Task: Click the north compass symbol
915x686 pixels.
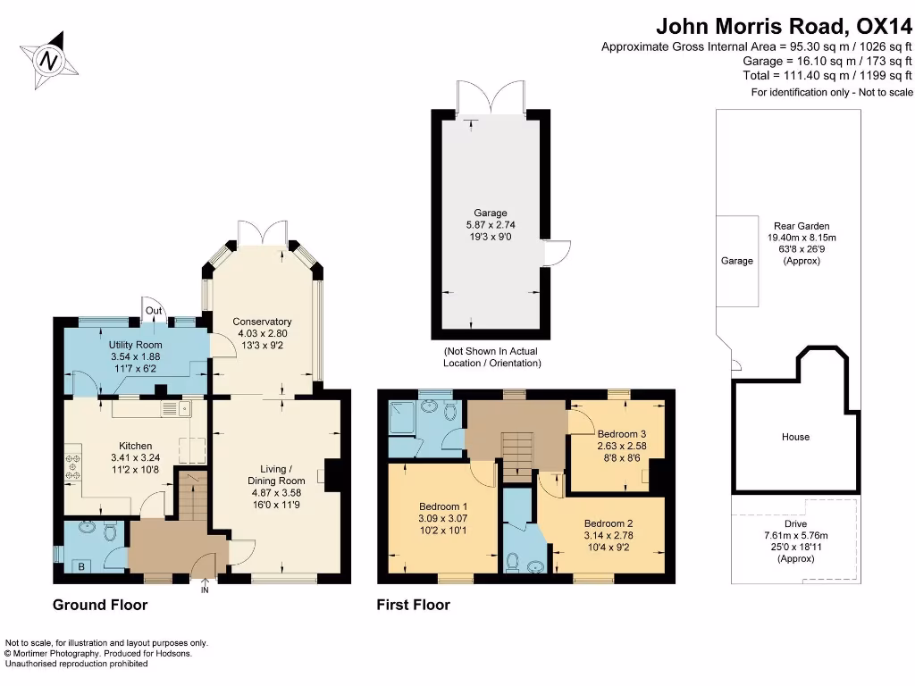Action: pos(50,61)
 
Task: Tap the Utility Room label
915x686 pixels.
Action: pos(135,345)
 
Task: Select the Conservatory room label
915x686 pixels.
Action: pos(262,322)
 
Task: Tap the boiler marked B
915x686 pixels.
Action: pos(82,565)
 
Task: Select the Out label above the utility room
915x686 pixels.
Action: pos(154,312)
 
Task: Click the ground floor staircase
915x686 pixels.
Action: pos(190,497)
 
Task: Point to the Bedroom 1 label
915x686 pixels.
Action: pos(444,506)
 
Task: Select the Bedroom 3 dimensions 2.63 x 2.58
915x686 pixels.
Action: pos(621,446)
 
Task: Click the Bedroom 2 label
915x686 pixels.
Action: pos(609,523)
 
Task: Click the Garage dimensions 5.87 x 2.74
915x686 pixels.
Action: pos(491,226)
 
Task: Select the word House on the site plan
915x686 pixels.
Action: pos(795,437)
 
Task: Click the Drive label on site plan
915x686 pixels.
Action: pos(795,523)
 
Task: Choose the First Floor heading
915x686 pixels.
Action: pos(413,605)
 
